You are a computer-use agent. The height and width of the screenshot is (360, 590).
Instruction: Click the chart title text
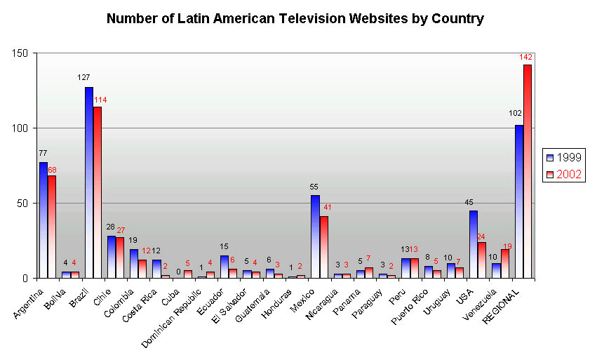point(295,18)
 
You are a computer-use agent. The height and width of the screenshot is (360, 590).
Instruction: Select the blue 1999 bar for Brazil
point(89,182)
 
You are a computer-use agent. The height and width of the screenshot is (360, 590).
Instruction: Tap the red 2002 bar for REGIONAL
point(528,172)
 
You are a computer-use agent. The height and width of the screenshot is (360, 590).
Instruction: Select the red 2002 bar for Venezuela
point(504,264)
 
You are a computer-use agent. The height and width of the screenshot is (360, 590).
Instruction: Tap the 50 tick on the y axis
point(22,204)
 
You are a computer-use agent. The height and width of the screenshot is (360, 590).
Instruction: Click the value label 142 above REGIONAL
point(526,57)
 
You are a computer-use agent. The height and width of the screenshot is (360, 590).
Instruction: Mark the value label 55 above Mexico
point(315,187)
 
